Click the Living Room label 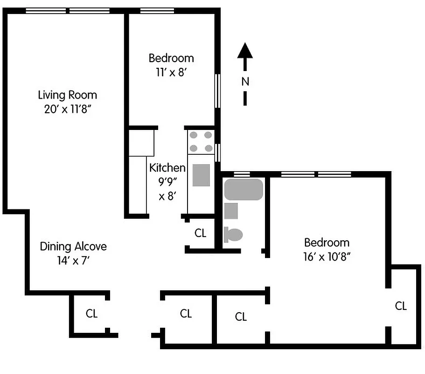click(68, 95)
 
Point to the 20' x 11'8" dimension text click(68, 109)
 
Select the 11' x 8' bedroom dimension click(171, 72)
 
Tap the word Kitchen click(167, 168)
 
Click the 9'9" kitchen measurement click(167, 182)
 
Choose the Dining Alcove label click(73, 246)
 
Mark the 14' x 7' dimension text click(73, 260)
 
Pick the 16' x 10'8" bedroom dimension click(327, 257)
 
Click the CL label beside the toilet click(201, 233)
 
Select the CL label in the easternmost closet click(401, 306)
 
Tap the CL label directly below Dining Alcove click(92, 314)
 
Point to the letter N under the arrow click(245, 81)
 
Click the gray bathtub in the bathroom click(244, 189)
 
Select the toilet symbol click(233, 234)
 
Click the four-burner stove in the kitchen click(201, 142)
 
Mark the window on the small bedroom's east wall click(217, 91)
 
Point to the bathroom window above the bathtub click(241, 174)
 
